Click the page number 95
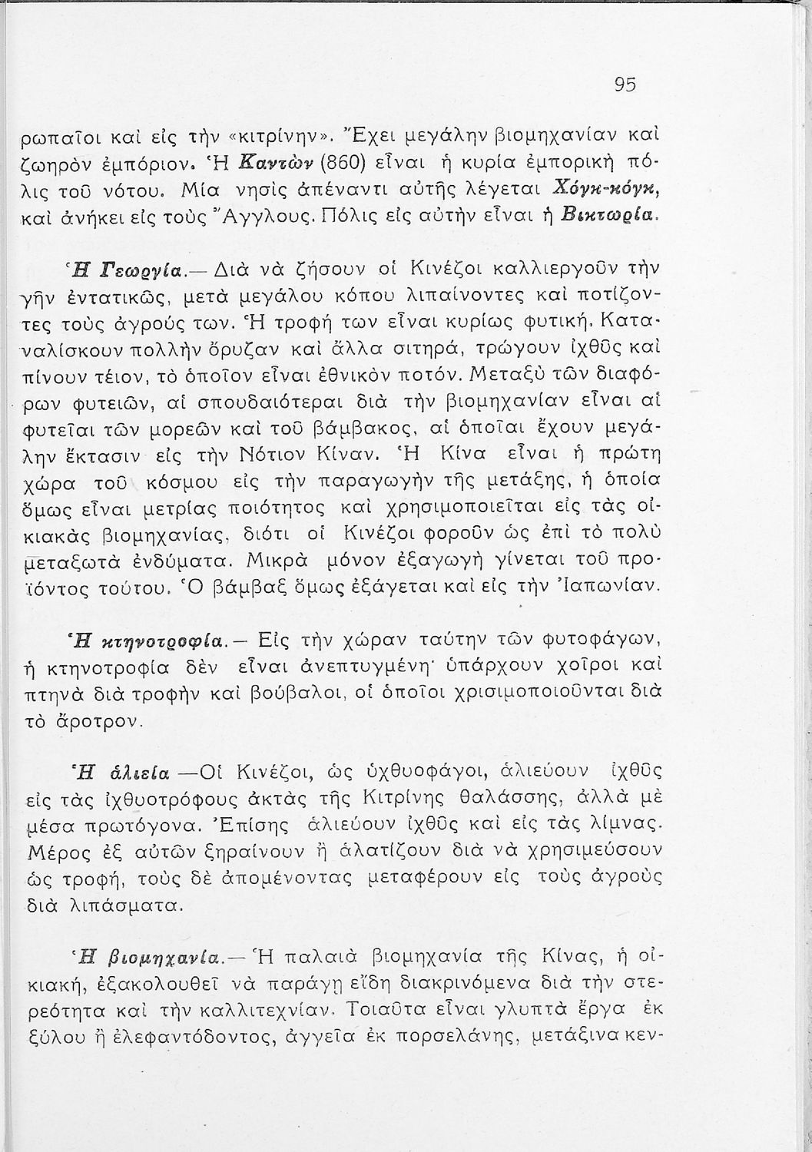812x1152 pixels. point(625,85)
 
